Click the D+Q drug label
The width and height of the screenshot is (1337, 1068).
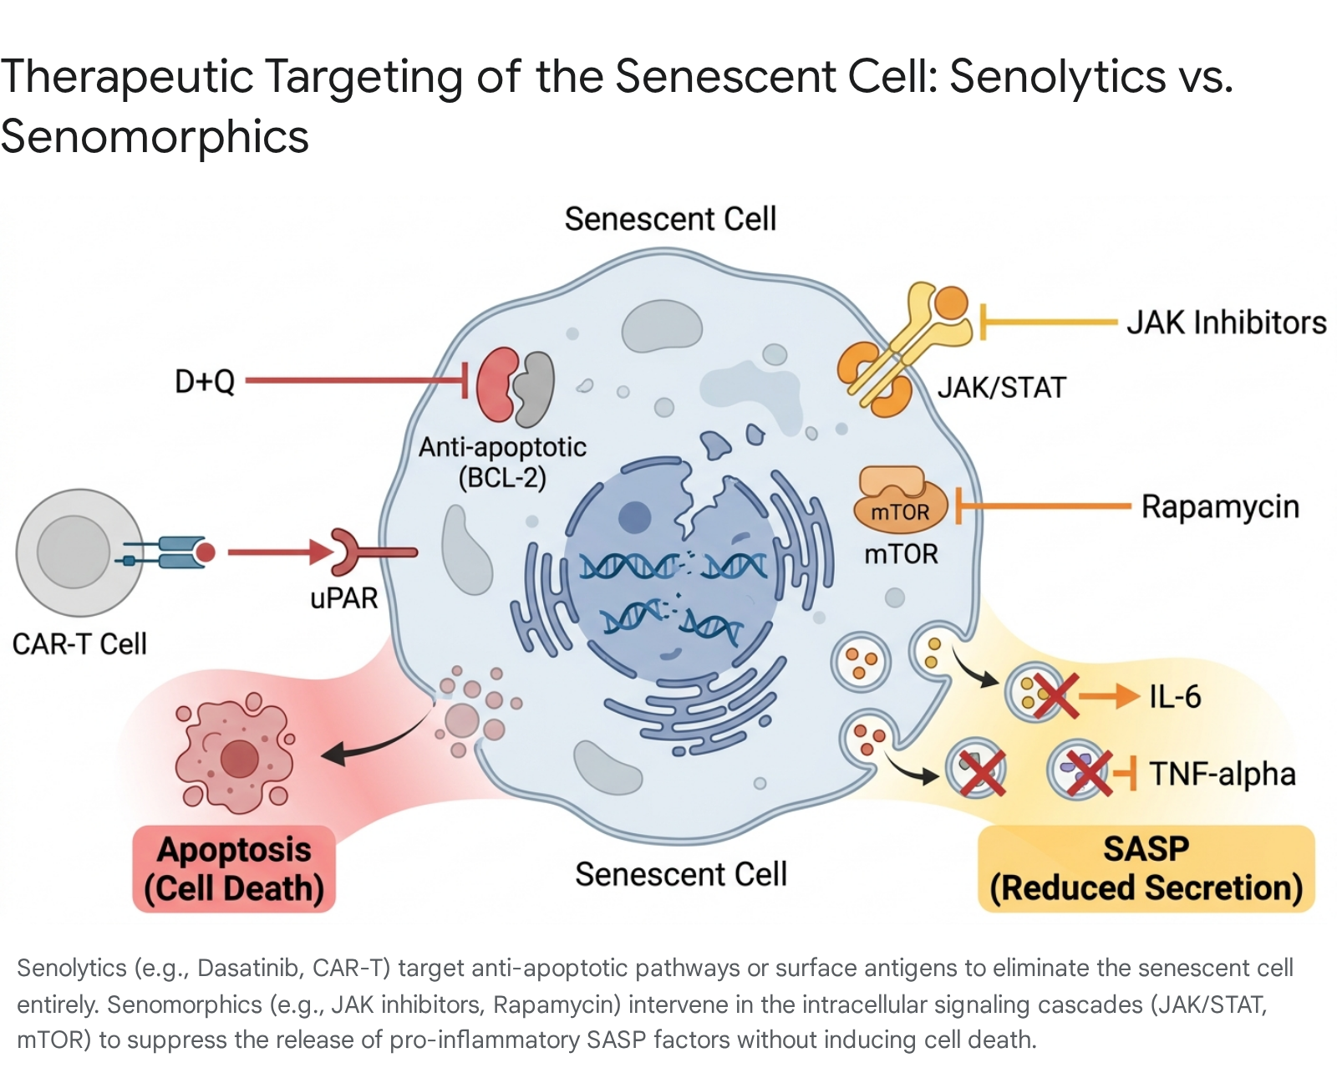point(205,381)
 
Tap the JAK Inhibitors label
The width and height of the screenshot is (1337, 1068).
point(1227,323)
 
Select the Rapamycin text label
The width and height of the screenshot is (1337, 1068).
point(1220,507)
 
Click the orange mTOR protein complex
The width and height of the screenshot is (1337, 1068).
point(900,501)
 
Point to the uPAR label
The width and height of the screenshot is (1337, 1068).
point(343,598)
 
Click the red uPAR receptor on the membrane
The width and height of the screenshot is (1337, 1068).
point(373,552)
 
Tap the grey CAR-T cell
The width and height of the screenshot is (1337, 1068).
point(79,552)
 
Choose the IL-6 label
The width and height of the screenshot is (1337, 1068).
point(1175,696)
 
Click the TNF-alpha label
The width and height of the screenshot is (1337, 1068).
point(1223,774)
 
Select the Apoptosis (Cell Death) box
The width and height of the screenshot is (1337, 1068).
point(234,868)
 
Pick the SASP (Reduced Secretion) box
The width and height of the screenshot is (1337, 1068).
point(1146,868)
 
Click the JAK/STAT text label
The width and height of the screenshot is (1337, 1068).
point(1002,388)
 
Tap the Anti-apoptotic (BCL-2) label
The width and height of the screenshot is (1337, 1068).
point(502,462)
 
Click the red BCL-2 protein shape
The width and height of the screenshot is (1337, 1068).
point(496,385)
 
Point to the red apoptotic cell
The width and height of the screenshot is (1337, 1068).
point(235,754)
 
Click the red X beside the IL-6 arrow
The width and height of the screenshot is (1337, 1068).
point(1055,696)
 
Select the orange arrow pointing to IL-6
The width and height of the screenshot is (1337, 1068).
point(1110,696)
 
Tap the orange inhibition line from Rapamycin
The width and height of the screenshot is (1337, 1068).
point(1043,506)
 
